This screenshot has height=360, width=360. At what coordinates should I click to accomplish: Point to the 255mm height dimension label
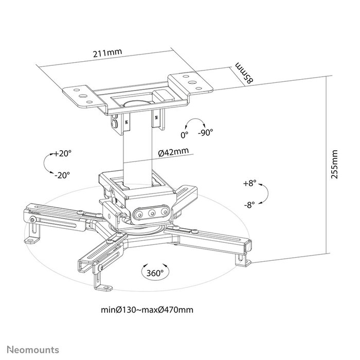pos(335,164)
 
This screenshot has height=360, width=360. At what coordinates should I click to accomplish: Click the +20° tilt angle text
pos(63,153)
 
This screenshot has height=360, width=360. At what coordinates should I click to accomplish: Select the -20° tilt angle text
pos(62,175)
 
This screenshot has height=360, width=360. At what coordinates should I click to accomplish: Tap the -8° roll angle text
pos(250,205)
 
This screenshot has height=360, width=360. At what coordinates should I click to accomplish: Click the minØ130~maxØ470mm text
pos(148,310)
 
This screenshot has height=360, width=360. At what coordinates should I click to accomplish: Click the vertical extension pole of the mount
pos(137,149)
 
